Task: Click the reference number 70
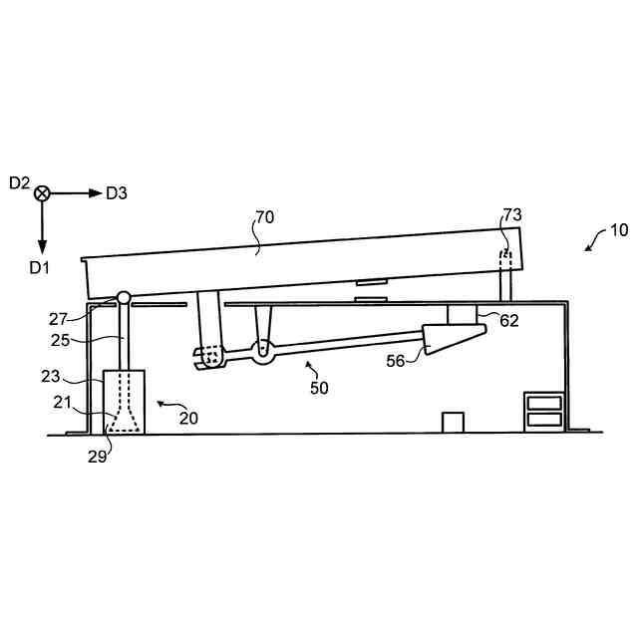tap(264, 217)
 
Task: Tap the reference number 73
tap(512, 215)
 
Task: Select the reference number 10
tap(619, 230)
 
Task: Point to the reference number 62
tap(509, 321)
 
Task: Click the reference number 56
tap(396, 361)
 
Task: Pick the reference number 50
tap(319, 388)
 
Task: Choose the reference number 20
tap(188, 419)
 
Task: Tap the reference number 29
tap(98, 457)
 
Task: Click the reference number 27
tap(58, 319)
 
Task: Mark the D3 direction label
tap(117, 193)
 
